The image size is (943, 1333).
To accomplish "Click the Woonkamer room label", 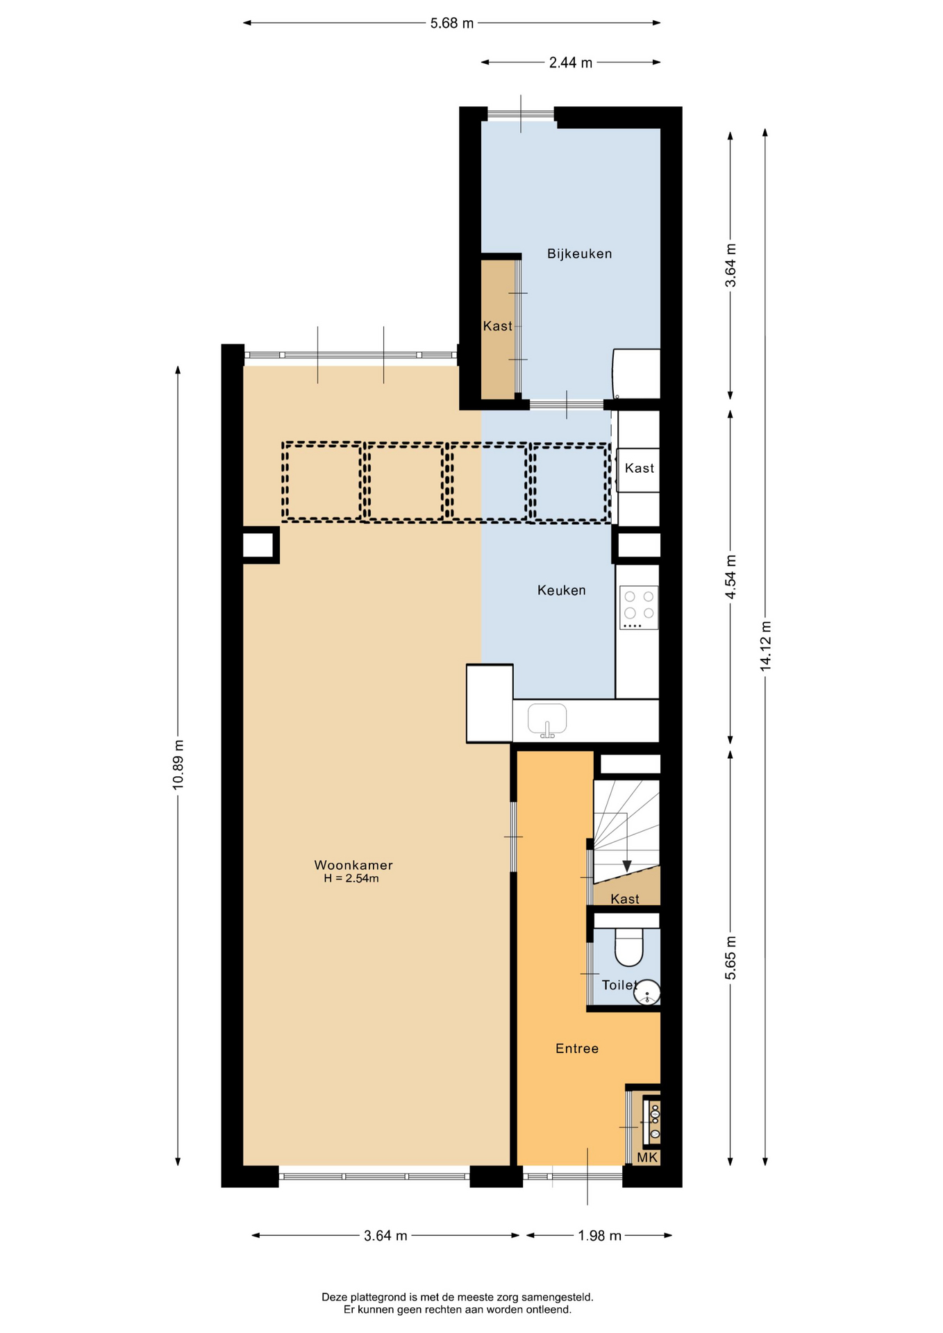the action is tap(353, 865).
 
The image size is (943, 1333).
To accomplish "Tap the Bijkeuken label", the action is tap(579, 254).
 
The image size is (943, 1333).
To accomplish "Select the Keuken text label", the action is tap(561, 590).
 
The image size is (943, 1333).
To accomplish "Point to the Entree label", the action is tap(576, 1048).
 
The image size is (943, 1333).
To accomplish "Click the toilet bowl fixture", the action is tap(629, 947).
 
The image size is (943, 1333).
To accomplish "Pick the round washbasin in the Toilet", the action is tap(647, 992).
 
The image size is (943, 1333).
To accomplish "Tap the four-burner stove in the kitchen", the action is tap(638, 607).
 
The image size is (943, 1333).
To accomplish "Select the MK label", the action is tap(647, 1157).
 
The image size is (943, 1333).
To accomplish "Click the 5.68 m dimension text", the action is tap(452, 23).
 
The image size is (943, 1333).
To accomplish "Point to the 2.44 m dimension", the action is tap(571, 62).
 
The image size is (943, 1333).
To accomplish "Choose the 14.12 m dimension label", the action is tap(766, 646).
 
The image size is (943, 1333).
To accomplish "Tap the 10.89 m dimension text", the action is tap(178, 764).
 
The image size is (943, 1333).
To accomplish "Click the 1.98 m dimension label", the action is tap(600, 1236).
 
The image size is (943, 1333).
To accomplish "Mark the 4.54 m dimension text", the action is tap(731, 577).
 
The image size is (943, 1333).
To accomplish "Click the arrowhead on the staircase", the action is tap(627, 866).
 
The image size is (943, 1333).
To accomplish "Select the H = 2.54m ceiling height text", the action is tap(351, 879).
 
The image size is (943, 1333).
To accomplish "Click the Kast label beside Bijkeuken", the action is tap(497, 326).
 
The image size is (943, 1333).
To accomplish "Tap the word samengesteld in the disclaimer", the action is tap(557, 1297).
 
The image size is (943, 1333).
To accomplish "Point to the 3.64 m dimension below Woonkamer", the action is tap(385, 1236).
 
